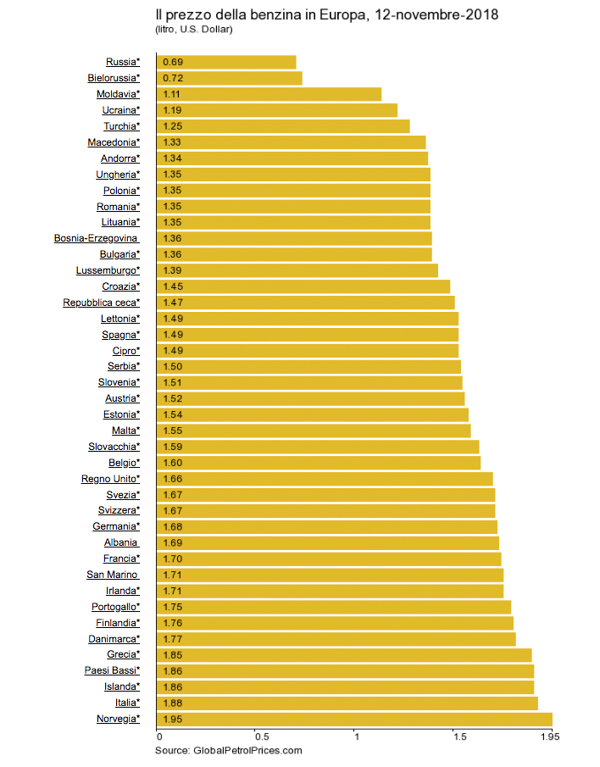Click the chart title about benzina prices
click(x=327, y=15)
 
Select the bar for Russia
click(x=226, y=62)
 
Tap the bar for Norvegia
click(x=354, y=720)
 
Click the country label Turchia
click(x=122, y=126)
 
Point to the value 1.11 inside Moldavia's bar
click(x=173, y=94)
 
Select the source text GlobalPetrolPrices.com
click(x=229, y=751)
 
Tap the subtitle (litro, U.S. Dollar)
click(x=194, y=30)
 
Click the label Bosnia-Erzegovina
click(x=97, y=238)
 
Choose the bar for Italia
click(x=347, y=703)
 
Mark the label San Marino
click(x=113, y=575)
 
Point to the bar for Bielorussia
click(x=229, y=78)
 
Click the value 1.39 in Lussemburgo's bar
click(x=173, y=270)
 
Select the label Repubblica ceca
click(x=101, y=303)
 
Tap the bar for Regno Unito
click(x=325, y=479)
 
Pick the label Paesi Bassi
click(x=112, y=671)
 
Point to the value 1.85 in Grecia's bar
click(x=173, y=655)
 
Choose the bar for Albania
click(x=327, y=542)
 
